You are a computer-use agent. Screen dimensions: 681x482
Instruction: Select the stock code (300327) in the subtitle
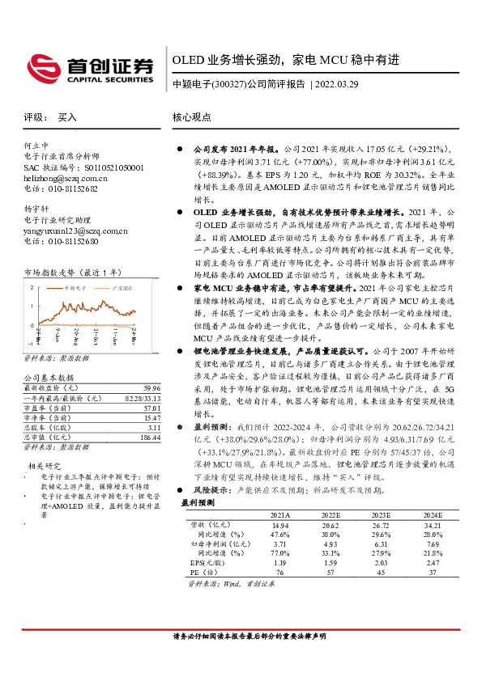(x=228, y=84)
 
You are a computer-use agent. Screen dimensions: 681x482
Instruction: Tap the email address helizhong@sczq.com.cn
(x=66, y=177)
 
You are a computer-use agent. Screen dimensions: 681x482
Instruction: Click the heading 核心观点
(x=191, y=116)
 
